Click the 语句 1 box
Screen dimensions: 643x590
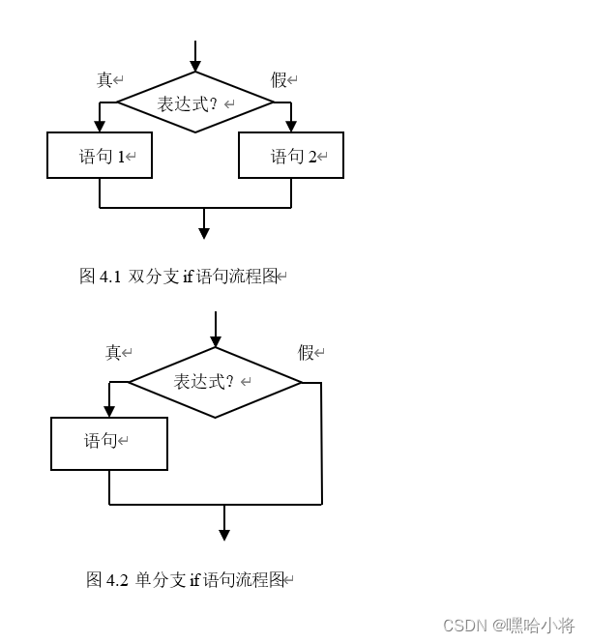(100, 156)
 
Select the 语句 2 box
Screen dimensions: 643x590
(291, 156)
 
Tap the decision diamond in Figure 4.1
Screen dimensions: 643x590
(195, 102)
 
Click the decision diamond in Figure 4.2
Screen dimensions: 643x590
(215, 382)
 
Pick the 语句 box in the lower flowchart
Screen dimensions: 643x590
(109, 444)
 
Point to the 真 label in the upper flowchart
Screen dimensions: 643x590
(104, 80)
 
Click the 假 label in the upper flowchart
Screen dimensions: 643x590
(279, 80)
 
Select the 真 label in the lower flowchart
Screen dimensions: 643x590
(113, 353)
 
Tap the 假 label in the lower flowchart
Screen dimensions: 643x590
(306, 353)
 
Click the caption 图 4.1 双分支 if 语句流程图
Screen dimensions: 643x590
(182, 277)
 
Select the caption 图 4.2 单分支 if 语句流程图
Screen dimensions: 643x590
(188, 580)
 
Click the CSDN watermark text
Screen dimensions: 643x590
(508, 626)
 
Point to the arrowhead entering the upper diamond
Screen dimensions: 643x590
(195, 66)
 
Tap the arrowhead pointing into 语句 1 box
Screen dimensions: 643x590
(100, 127)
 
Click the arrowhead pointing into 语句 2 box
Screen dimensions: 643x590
(291, 127)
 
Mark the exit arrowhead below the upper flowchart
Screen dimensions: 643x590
(204, 233)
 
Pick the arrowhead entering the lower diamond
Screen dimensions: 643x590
(216, 341)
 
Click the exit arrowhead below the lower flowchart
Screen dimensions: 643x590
(224, 535)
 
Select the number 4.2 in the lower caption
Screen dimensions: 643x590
(117, 580)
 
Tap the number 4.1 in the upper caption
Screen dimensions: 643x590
(110, 277)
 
